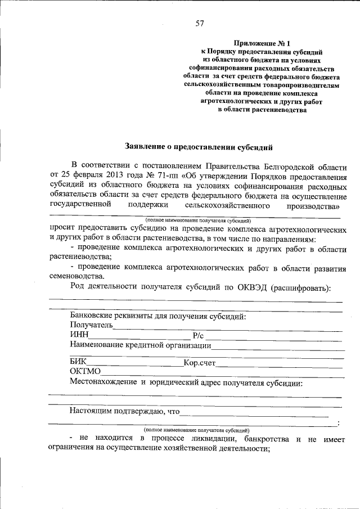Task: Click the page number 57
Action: pyautogui.click(x=199, y=23)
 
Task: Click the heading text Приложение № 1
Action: pyautogui.click(x=263, y=43)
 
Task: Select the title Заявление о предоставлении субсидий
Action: pyautogui.click(x=199, y=147)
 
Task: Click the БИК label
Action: pyautogui.click(x=78, y=363)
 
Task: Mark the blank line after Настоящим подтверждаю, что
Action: pyautogui.click(x=254, y=412)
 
